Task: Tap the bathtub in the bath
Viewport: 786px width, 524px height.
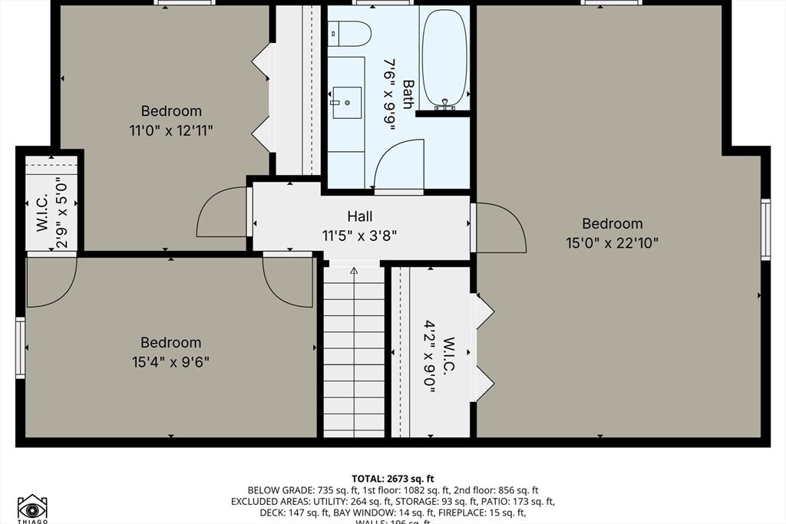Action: (444, 58)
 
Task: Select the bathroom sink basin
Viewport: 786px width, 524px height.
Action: (347, 102)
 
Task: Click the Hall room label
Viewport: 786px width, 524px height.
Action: (360, 216)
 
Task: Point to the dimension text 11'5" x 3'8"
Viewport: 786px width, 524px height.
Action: (361, 236)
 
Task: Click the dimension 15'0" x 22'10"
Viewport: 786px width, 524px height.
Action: (612, 243)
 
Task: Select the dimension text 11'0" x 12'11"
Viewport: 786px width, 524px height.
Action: (171, 130)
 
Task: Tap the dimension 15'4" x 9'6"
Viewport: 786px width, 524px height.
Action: (170, 361)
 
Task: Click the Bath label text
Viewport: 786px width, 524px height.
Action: (408, 94)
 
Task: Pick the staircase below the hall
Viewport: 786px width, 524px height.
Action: (354, 353)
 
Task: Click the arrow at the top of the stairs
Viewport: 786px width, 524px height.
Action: (354, 271)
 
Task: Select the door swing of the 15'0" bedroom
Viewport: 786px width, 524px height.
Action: (500, 229)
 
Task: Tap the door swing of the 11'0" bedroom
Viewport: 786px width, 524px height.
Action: (223, 213)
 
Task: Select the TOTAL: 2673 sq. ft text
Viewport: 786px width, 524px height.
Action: (392, 479)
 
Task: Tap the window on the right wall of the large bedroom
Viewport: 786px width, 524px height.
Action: (765, 229)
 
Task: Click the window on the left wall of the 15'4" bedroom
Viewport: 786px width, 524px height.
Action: (21, 348)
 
